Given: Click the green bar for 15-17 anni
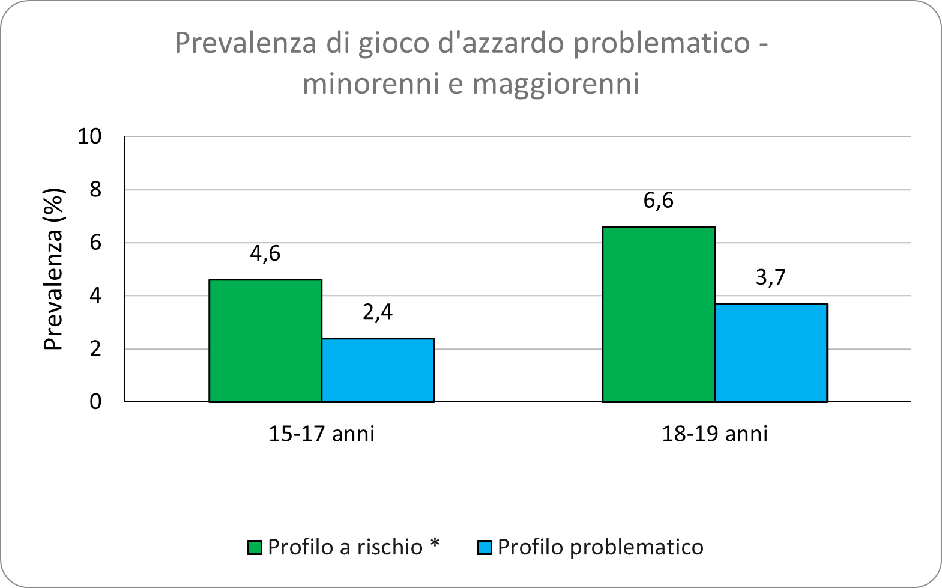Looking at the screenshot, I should coord(265,341).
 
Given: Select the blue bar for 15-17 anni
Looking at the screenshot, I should coord(378,370).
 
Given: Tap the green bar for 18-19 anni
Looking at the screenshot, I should coord(658,314).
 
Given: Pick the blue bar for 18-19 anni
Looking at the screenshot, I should coord(771,353).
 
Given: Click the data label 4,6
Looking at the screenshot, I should coord(265,253).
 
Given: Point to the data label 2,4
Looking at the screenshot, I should coord(378,312).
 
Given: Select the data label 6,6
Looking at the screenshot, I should coord(658,201).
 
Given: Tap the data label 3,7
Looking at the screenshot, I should coord(771,277).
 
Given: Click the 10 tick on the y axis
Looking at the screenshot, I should coord(90,137).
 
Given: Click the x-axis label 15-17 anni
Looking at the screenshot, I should coord(321,434).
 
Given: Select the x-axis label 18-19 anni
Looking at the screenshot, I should coord(714,434).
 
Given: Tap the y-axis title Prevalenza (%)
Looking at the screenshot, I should coord(54,269).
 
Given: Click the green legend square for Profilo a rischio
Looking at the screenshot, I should coord(255,548).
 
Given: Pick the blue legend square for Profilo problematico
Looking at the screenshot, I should coord(485,548).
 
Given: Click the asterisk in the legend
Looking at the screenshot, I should coord(434,544).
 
